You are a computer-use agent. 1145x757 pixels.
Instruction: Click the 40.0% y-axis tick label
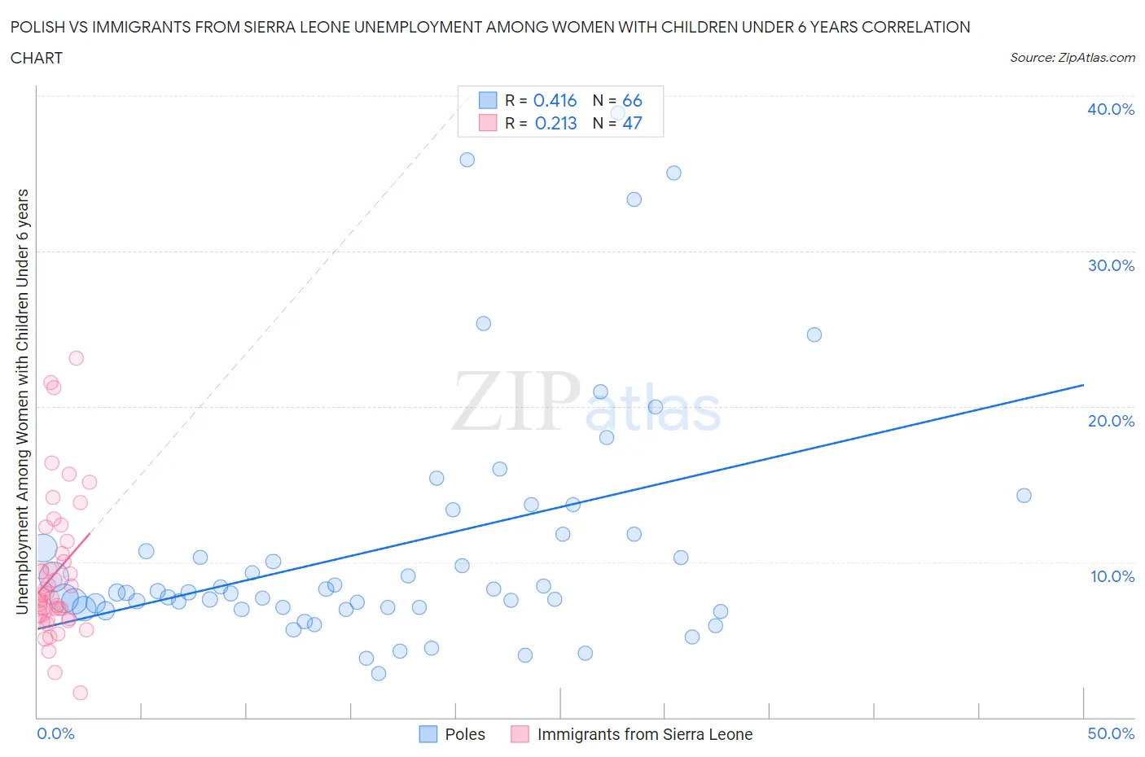[x=1111, y=109]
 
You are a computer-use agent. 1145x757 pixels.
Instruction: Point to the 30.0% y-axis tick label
[x=1111, y=265]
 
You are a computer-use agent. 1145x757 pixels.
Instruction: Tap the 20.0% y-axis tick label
[x=1111, y=421]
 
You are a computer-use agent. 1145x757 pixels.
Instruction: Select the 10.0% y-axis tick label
[x=1112, y=576]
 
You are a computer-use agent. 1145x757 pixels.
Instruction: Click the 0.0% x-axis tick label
[x=55, y=733]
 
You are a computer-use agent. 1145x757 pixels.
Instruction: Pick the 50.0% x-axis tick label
[x=1111, y=733]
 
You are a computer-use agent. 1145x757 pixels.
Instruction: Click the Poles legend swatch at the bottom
[x=428, y=734]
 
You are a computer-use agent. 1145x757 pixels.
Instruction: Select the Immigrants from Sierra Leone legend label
[x=645, y=734]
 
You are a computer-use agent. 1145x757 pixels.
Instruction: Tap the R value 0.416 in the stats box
[x=555, y=100]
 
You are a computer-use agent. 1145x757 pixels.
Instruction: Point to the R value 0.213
[x=555, y=123]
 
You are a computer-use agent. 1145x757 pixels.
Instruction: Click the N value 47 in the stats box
[x=632, y=123]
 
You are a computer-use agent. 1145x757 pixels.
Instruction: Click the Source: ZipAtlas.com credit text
[x=1072, y=57]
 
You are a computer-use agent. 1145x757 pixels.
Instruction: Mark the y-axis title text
[x=22, y=401]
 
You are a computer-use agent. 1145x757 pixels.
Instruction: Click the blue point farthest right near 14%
[x=1024, y=496]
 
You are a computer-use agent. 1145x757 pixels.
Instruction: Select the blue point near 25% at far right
[x=814, y=335]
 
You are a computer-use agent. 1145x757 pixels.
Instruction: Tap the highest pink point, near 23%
[x=76, y=358]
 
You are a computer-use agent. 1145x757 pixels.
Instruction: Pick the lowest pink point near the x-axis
[x=80, y=693]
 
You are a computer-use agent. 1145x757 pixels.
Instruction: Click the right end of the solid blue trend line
[x=1083, y=384]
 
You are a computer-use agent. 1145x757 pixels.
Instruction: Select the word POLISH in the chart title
[x=37, y=27]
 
